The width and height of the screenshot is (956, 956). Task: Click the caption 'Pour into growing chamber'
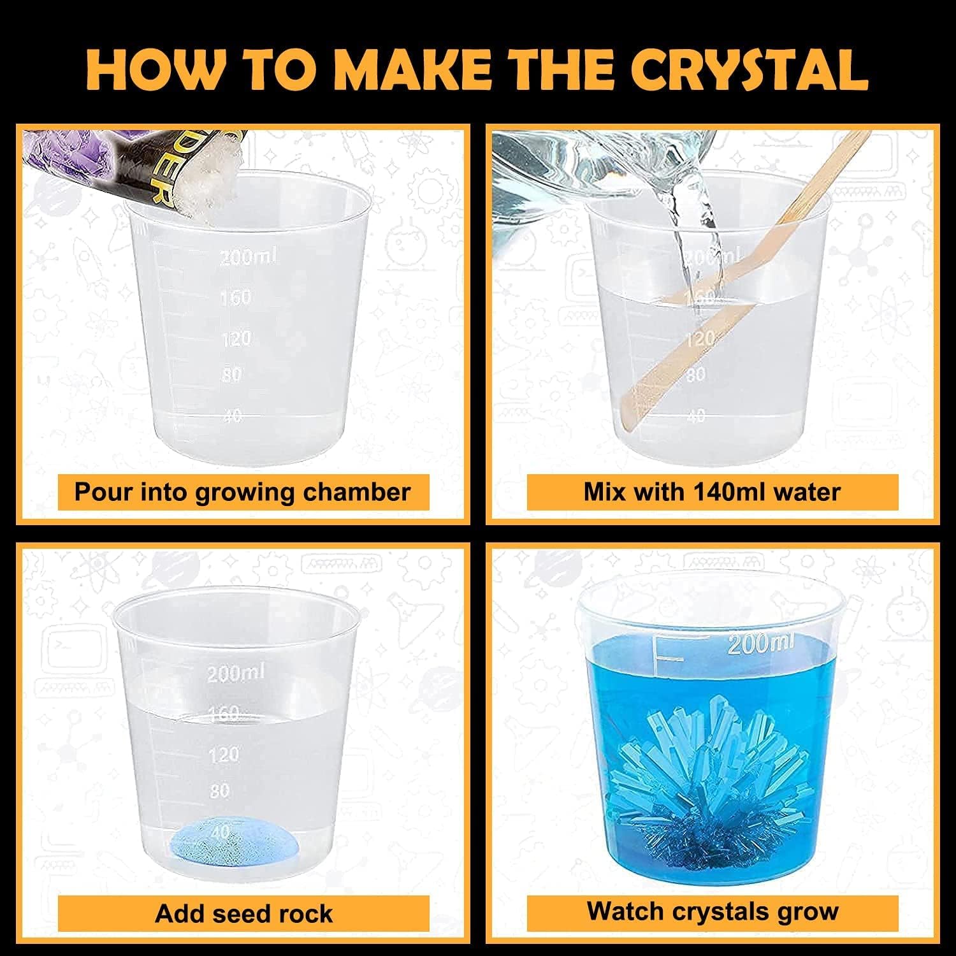[x=242, y=492]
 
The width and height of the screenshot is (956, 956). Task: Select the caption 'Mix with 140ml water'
[x=712, y=492]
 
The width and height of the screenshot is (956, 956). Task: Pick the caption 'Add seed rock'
[x=243, y=913]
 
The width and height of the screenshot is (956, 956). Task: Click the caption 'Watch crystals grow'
[x=712, y=911]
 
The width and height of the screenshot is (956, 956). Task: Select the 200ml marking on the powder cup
[x=249, y=257]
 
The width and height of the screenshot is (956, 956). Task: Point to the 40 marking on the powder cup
[x=232, y=415]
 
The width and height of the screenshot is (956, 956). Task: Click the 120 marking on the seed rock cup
[x=224, y=755]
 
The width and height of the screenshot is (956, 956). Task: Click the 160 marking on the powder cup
[x=235, y=297]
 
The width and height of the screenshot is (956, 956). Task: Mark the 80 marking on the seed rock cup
[x=219, y=791]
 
